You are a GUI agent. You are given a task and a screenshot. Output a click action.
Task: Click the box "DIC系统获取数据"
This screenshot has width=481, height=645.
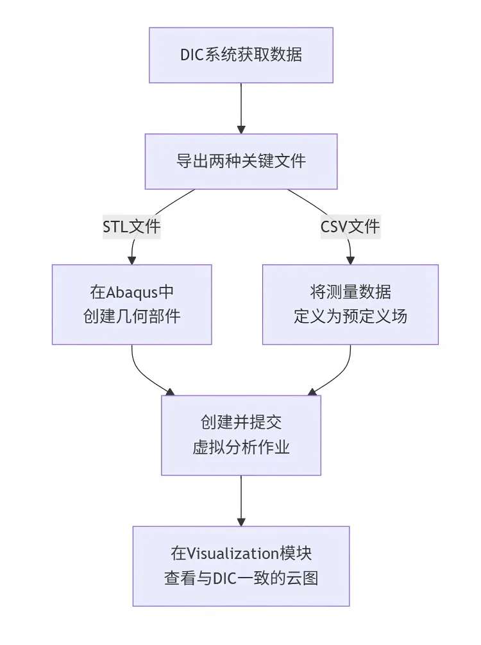(x=241, y=55)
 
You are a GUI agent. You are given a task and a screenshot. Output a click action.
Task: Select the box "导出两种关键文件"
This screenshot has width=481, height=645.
(x=241, y=161)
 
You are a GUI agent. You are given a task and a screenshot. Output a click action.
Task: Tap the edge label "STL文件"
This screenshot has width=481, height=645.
(x=132, y=227)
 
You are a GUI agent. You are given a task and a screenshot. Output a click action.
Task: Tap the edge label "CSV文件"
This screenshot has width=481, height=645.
(x=350, y=227)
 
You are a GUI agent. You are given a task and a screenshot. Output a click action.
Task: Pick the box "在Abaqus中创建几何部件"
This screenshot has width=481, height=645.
(x=132, y=304)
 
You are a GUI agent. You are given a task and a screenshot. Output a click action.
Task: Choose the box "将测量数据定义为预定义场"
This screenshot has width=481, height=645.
(x=350, y=304)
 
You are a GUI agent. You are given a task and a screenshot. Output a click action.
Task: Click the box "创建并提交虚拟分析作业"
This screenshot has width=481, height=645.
(x=241, y=435)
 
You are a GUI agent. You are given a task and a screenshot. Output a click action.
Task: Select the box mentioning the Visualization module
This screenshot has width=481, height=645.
(x=241, y=565)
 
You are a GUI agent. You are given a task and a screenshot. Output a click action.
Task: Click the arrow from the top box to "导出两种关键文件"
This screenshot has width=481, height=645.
(x=241, y=106)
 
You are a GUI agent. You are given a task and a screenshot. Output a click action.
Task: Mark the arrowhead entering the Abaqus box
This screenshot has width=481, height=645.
(x=132, y=260)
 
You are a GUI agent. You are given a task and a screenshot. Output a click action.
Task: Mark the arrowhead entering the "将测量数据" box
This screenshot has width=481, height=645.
(x=350, y=260)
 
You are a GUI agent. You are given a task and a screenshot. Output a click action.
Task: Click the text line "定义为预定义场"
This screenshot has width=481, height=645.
(x=350, y=316)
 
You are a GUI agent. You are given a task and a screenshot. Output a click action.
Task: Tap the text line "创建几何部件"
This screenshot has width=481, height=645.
(x=132, y=316)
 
